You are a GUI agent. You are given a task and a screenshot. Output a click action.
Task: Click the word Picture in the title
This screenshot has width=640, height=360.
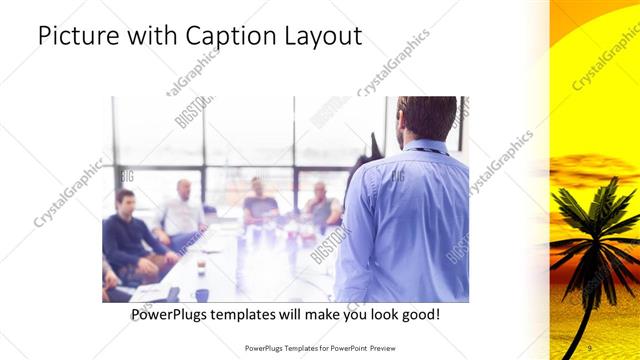click(75, 37)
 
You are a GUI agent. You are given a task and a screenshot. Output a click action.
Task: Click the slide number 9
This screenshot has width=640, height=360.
click(589, 346)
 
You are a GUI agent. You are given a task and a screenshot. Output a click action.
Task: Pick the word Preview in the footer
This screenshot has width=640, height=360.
click(392, 348)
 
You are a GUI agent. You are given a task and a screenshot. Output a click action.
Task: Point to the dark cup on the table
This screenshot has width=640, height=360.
click(203, 294)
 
